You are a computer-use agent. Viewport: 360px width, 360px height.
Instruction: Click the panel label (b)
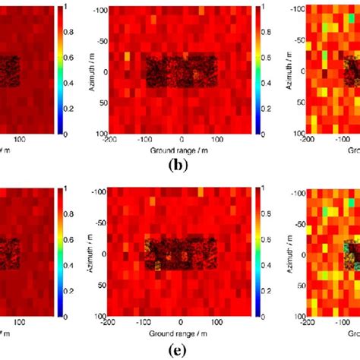(180, 163)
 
